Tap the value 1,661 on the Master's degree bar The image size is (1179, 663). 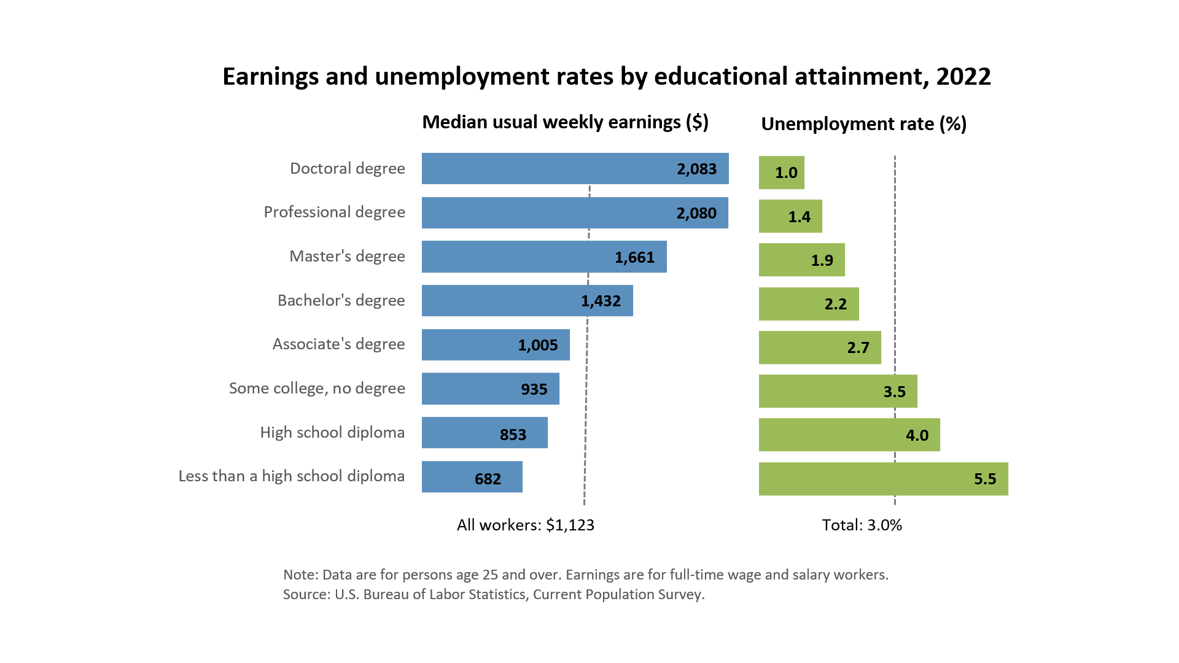pyautogui.click(x=634, y=257)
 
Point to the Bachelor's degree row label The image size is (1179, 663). pyautogui.click(x=341, y=300)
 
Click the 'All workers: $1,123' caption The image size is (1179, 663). pyautogui.click(x=526, y=525)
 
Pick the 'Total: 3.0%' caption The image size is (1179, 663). pyautogui.click(x=862, y=525)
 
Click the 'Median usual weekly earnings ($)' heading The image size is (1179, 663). pyautogui.click(x=565, y=122)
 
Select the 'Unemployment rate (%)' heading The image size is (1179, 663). pyautogui.click(x=863, y=124)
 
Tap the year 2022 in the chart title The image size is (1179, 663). pyautogui.click(x=963, y=77)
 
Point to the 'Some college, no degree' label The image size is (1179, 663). pyautogui.click(x=317, y=388)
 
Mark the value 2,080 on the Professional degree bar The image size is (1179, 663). pyautogui.click(x=696, y=213)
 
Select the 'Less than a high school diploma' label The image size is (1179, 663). pyautogui.click(x=291, y=476)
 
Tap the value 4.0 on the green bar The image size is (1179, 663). pyautogui.click(x=917, y=435)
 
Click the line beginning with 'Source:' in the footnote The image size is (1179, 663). pyautogui.click(x=494, y=594)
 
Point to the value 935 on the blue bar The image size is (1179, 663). pyautogui.click(x=534, y=389)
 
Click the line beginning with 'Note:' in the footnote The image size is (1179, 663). pyautogui.click(x=585, y=575)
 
